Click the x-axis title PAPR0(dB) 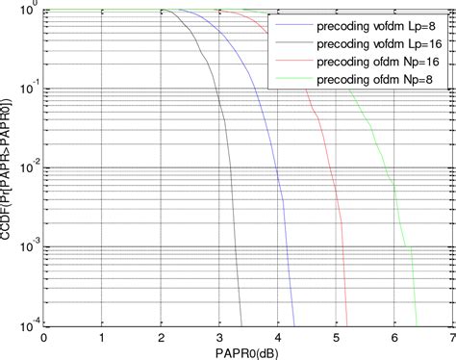click(x=246, y=351)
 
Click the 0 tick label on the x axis click(x=43, y=337)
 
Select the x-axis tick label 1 click(x=102, y=337)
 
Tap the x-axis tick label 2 click(x=161, y=337)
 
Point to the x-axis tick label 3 click(x=219, y=337)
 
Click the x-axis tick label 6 click(x=394, y=337)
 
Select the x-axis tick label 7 click(x=450, y=337)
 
